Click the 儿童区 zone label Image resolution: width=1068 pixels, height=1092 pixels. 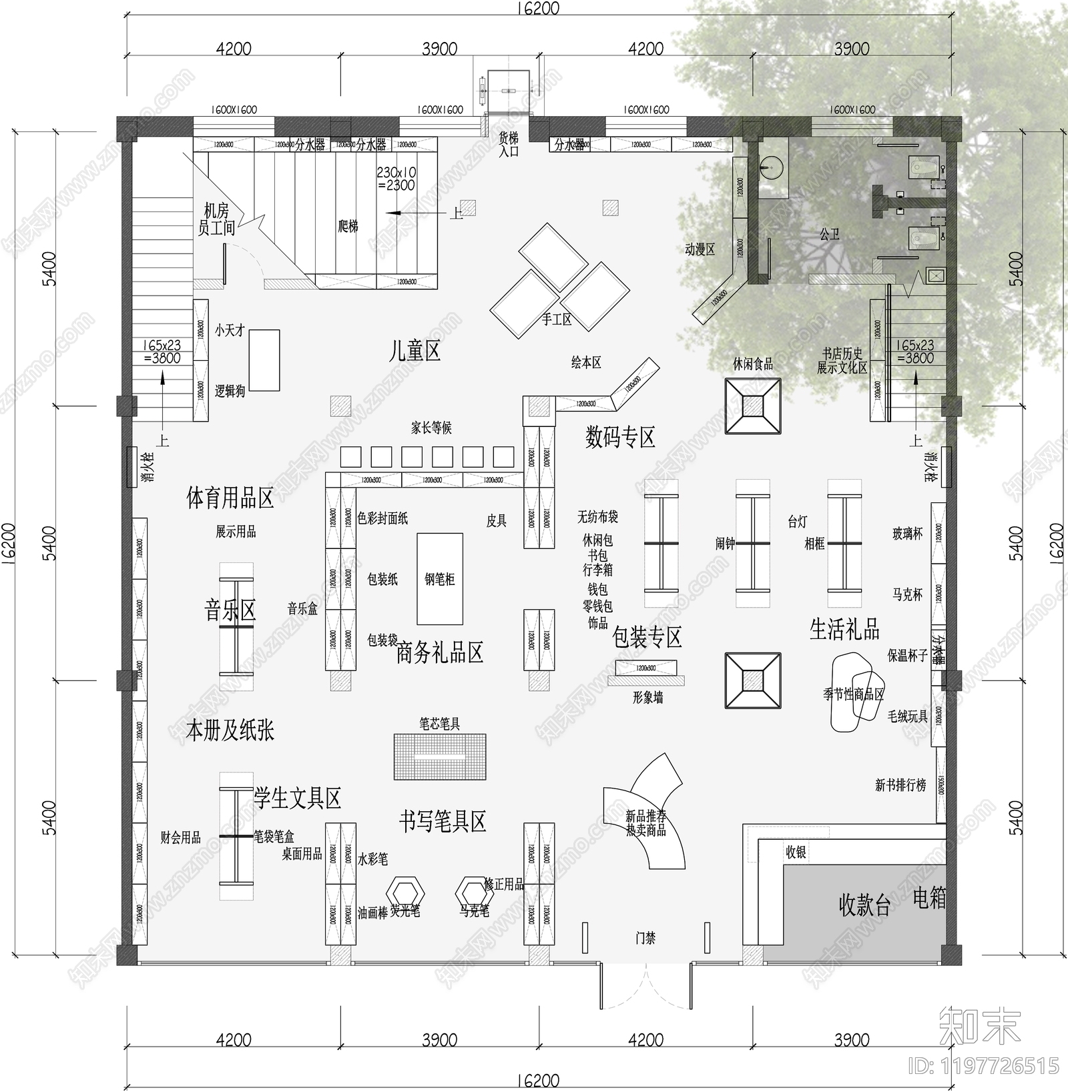(415, 351)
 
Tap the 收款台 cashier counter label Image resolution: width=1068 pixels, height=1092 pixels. (864, 905)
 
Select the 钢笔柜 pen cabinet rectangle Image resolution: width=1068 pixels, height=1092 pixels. (439, 578)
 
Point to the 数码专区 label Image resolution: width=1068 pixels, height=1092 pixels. (620, 438)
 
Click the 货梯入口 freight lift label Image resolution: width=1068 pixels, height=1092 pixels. (509, 145)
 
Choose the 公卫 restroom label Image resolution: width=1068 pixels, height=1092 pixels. (830, 234)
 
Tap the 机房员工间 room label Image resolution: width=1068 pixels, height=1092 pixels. (216, 219)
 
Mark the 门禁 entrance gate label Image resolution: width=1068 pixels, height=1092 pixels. (645, 938)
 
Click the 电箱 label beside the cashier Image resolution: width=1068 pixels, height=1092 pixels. (928, 899)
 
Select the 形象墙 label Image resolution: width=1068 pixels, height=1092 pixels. (647, 698)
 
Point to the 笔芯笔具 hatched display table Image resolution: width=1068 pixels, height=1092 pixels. (439, 756)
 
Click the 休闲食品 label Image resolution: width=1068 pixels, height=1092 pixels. (753, 364)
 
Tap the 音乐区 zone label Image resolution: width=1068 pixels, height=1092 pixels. (230, 610)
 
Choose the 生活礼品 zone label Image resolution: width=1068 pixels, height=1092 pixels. (844, 629)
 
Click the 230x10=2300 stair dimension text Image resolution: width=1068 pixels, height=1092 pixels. (396, 179)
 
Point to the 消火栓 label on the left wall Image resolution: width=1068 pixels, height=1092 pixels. (148, 466)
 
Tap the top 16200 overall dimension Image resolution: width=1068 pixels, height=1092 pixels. (538, 8)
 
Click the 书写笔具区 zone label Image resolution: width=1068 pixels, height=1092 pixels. (443, 821)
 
